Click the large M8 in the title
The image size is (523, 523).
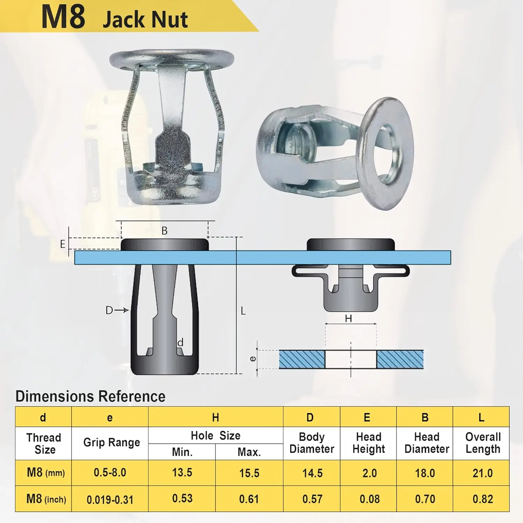click(x=63, y=17)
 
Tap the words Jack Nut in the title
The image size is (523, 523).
click(x=145, y=19)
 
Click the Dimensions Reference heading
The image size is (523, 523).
click(x=90, y=396)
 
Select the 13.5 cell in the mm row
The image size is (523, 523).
click(x=182, y=472)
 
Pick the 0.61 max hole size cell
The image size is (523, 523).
click(x=249, y=499)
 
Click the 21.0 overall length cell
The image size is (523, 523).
click(x=483, y=473)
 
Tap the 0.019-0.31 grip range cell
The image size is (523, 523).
click(x=110, y=500)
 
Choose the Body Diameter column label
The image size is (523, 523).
click(x=312, y=443)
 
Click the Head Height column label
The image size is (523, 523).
click(x=369, y=443)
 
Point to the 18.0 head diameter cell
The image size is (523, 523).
click(x=425, y=473)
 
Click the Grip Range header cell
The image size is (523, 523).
click(x=112, y=442)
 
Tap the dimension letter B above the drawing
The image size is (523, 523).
click(x=165, y=231)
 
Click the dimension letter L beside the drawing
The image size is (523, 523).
click(x=243, y=311)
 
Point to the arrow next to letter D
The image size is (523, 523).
click(x=122, y=310)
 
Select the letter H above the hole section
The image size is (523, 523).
click(x=348, y=318)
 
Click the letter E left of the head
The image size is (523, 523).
click(x=63, y=244)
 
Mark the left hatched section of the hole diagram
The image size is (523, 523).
click(x=302, y=359)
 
